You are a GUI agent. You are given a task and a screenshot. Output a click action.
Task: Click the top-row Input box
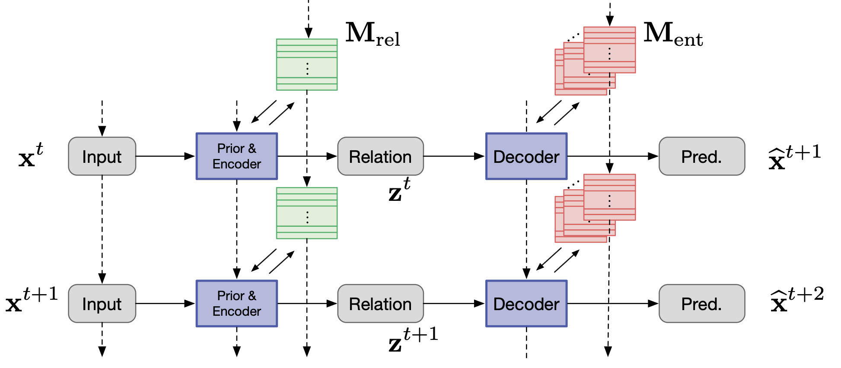click(102, 156)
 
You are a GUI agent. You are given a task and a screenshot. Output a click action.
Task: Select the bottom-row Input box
click(102, 304)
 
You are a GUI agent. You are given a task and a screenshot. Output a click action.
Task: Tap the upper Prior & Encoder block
click(237, 156)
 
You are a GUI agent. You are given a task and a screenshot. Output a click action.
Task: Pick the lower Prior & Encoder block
click(237, 304)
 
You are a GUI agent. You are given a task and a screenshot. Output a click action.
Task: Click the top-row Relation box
click(380, 156)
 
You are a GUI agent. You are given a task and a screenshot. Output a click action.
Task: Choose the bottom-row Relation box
click(380, 304)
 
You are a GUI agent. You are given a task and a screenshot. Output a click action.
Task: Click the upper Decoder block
click(526, 156)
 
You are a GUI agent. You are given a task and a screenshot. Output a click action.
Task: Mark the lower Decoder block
click(526, 304)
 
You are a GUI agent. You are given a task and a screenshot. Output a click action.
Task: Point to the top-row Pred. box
click(702, 156)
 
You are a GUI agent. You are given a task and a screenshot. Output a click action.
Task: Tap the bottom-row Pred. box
click(702, 304)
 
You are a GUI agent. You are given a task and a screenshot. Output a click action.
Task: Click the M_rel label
click(373, 34)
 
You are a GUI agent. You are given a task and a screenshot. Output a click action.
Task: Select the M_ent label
click(673, 34)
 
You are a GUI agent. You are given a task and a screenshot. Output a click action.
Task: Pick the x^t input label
click(31, 155)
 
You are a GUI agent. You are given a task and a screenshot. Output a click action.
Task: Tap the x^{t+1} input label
click(32, 300)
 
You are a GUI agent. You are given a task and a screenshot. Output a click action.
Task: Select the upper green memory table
click(307, 65)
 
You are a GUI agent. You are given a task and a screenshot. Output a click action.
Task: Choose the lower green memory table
click(307, 213)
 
